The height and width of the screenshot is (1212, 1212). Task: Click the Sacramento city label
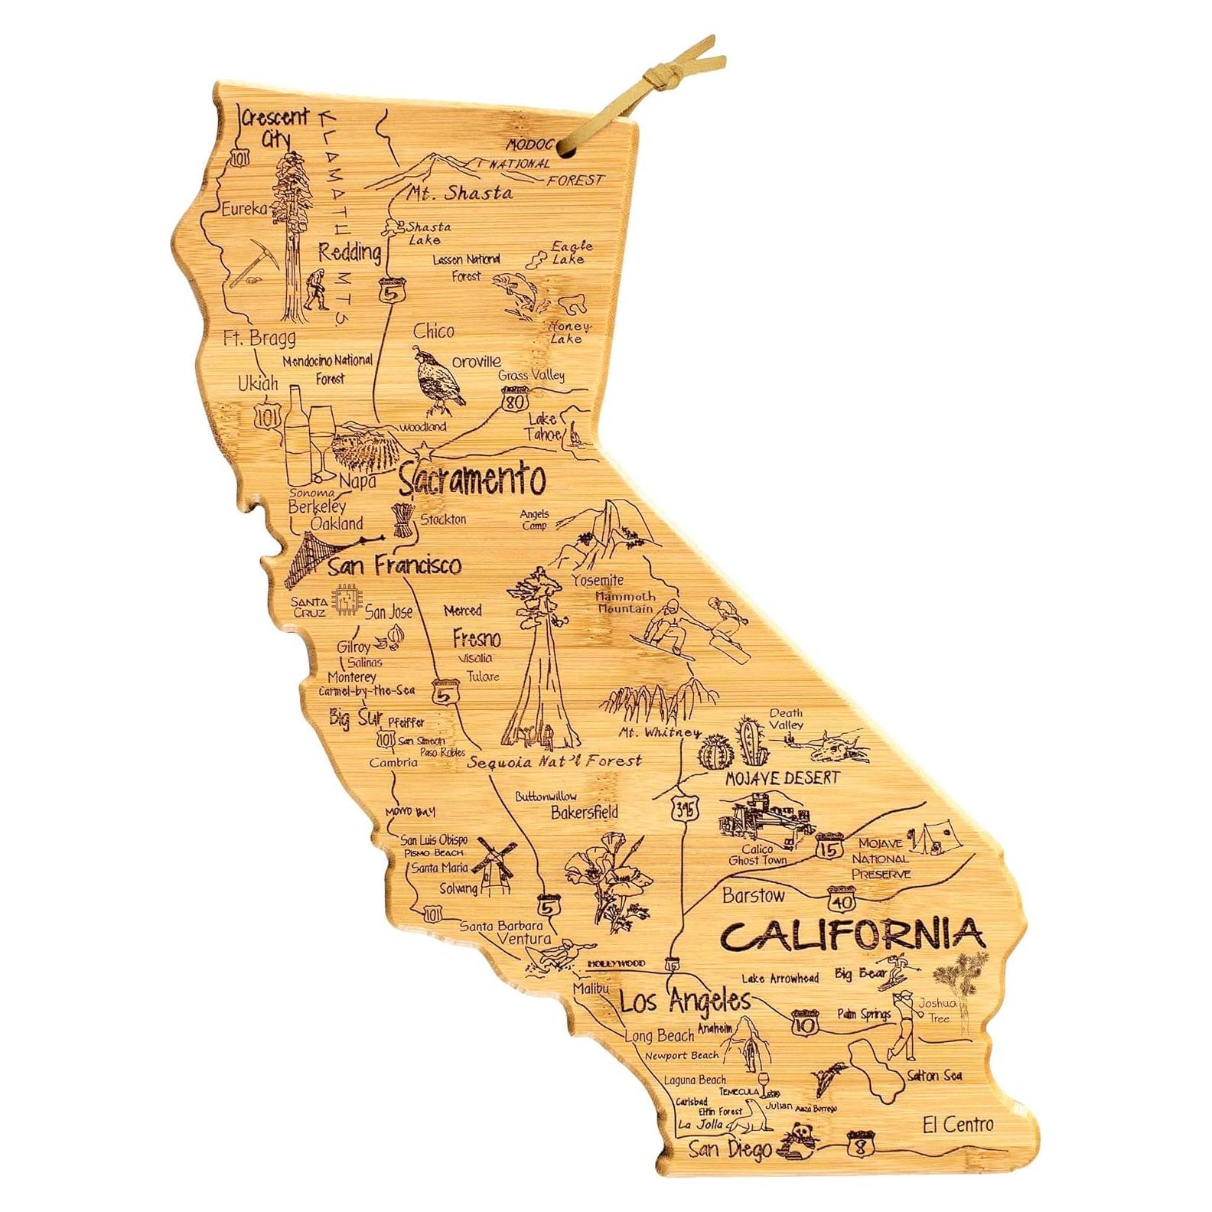pyautogui.click(x=472, y=480)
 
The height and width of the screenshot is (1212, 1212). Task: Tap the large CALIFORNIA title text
pyautogui.click(x=851, y=934)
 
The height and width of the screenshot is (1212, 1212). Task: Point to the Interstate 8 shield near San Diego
pyautogui.click(x=858, y=1145)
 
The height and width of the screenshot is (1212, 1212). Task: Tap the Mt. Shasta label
pyautogui.click(x=458, y=193)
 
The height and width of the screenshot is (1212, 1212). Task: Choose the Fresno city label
pyautogui.click(x=476, y=638)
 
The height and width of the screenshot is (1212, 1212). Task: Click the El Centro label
pyautogui.click(x=957, y=1124)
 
